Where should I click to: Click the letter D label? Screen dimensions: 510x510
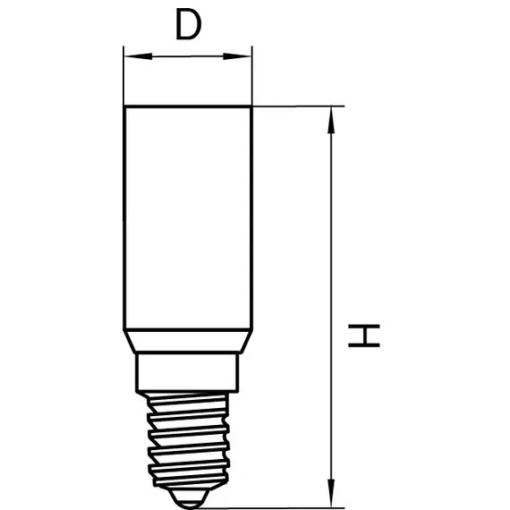pyautogui.click(x=188, y=24)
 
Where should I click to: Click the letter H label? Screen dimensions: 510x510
pyautogui.click(x=364, y=336)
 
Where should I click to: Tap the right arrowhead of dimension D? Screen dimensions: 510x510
pyautogui.click(x=237, y=56)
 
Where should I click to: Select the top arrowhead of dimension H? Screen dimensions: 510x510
pyautogui.click(x=331, y=121)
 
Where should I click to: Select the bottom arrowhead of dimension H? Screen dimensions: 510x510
pyautogui.click(x=331, y=492)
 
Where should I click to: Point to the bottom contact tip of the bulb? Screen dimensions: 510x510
pyautogui.click(x=190, y=498)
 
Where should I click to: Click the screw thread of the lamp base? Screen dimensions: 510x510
pyautogui.click(x=188, y=441)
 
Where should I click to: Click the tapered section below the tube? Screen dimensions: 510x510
pyautogui.click(x=188, y=341)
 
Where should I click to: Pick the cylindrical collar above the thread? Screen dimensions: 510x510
pyautogui.click(x=187, y=372)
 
